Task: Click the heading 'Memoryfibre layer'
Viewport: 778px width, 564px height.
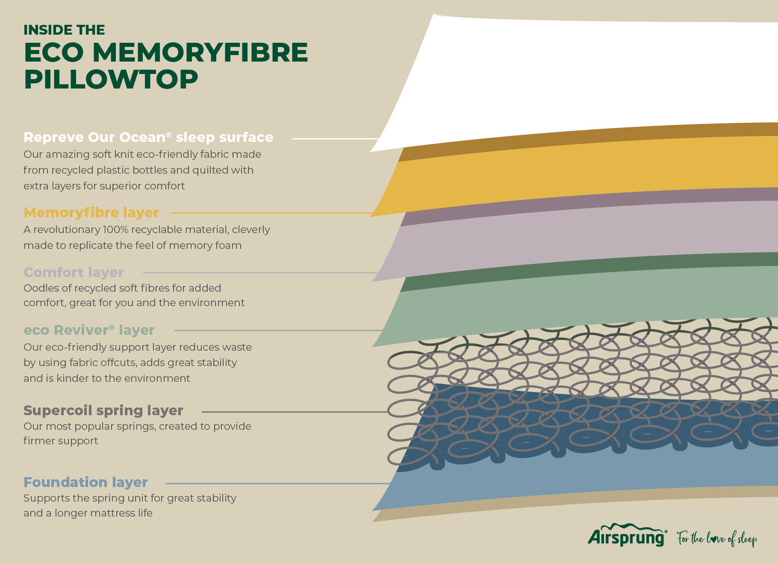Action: pos(91,213)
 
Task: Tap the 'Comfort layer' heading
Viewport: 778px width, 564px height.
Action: pos(74,272)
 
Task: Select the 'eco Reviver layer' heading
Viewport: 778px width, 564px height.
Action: pos(89,330)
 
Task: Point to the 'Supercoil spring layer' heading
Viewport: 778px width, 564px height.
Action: pos(103,410)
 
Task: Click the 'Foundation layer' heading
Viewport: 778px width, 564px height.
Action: pos(85,482)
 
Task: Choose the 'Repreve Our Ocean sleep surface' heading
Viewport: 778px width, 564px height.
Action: pos(148,137)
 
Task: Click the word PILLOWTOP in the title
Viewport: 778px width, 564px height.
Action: pos(111,80)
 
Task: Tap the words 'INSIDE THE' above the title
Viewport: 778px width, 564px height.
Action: pos(64,30)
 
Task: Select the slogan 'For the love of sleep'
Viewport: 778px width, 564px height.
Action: pos(717,538)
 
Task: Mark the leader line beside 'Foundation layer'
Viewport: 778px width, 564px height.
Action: pos(278,484)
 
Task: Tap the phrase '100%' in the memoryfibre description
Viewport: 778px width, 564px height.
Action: pos(115,230)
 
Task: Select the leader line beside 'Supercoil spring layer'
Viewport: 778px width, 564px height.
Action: pos(295,412)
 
